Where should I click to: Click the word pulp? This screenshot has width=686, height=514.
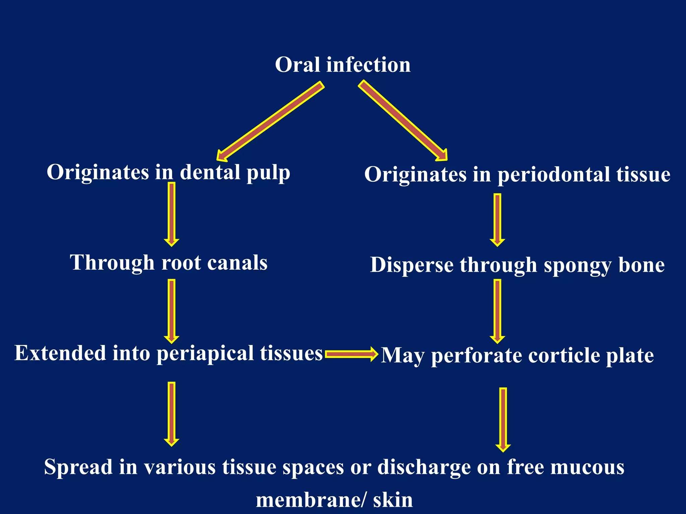pyautogui.click(x=268, y=173)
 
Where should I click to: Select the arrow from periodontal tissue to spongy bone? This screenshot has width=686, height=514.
pyautogui.click(x=497, y=220)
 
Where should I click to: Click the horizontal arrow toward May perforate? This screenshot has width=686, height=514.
pyautogui.click(x=351, y=354)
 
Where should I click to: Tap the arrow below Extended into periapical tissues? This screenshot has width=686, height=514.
pyautogui.click(x=171, y=414)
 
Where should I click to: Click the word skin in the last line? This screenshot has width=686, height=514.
pyautogui.click(x=393, y=500)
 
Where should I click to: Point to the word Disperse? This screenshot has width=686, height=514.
pyautogui.click(x=412, y=265)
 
